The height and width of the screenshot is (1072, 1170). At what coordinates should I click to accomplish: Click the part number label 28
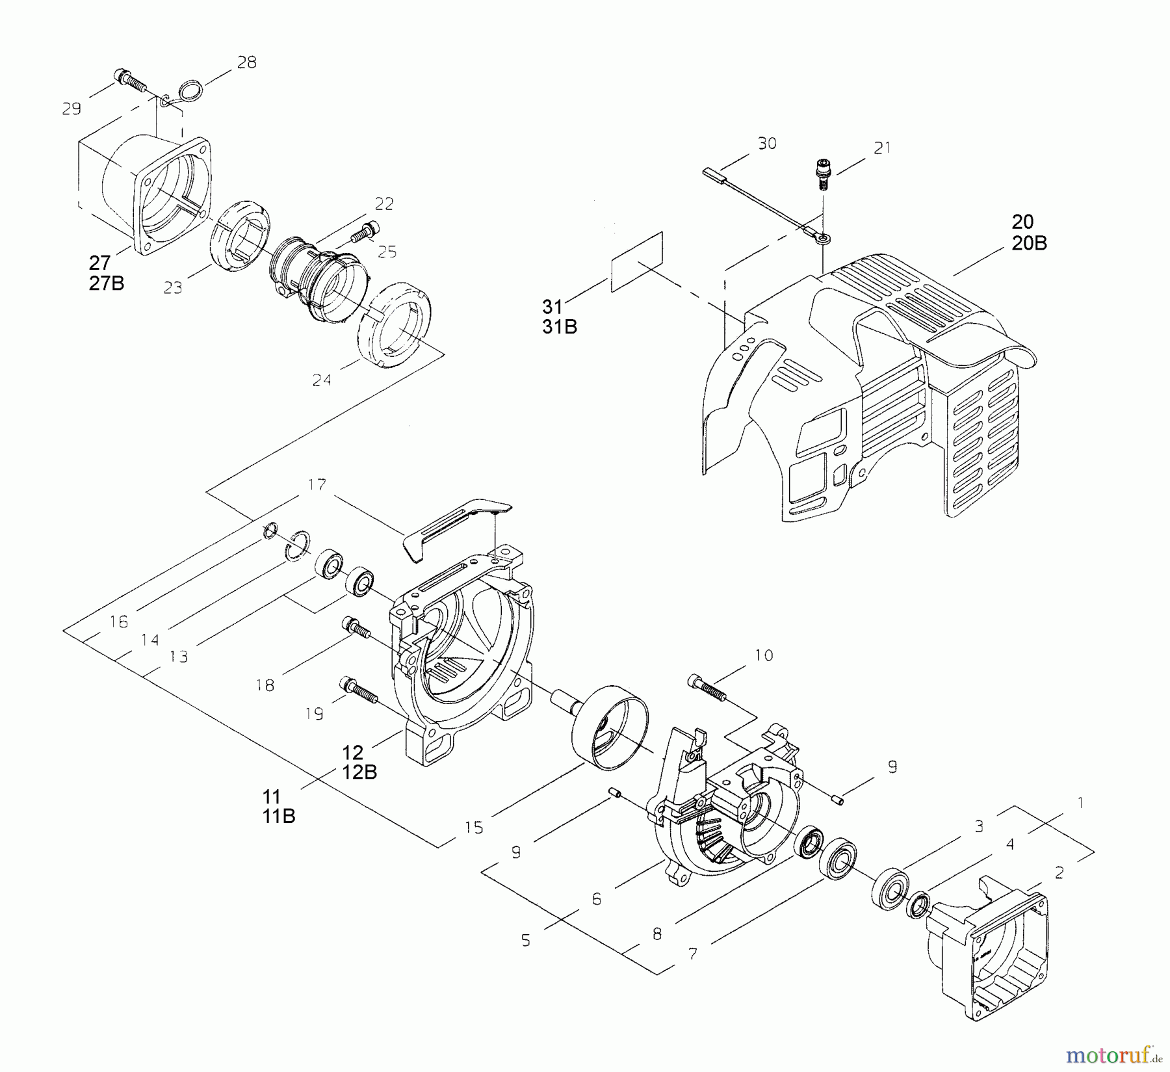tap(247, 62)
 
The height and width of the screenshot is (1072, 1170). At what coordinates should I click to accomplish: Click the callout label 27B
tap(107, 283)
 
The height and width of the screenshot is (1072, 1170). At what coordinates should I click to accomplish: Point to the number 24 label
tap(322, 380)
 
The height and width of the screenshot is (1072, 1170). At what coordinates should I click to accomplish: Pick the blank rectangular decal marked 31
tap(637, 261)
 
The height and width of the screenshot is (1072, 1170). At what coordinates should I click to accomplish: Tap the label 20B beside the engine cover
tap(1029, 243)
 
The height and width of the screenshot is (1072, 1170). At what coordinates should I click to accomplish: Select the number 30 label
tap(768, 143)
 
